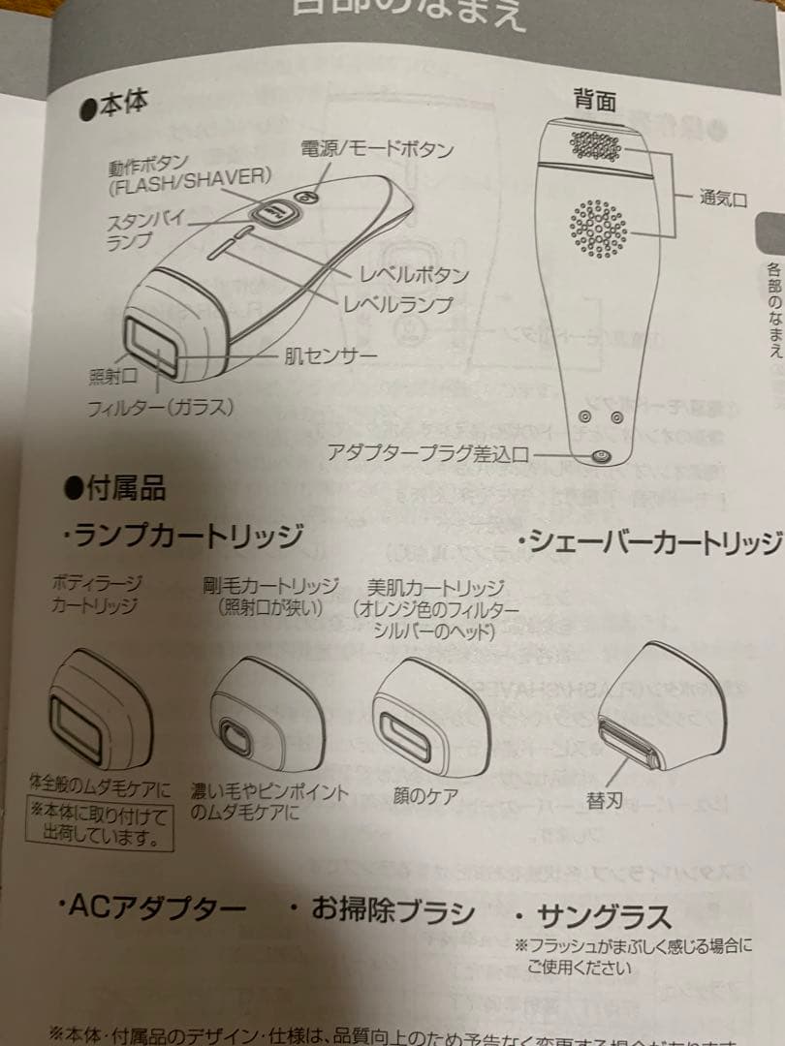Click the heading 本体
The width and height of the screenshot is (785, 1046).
click(x=114, y=103)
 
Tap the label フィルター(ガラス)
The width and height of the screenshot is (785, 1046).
click(x=160, y=407)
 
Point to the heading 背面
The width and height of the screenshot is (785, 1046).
click(x=594, y=99)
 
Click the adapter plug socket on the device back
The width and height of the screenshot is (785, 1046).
click(x=600, y=457)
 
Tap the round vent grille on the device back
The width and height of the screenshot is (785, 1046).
click(x=598, y=229)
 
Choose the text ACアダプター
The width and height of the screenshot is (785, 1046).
click(x=152, y=910)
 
